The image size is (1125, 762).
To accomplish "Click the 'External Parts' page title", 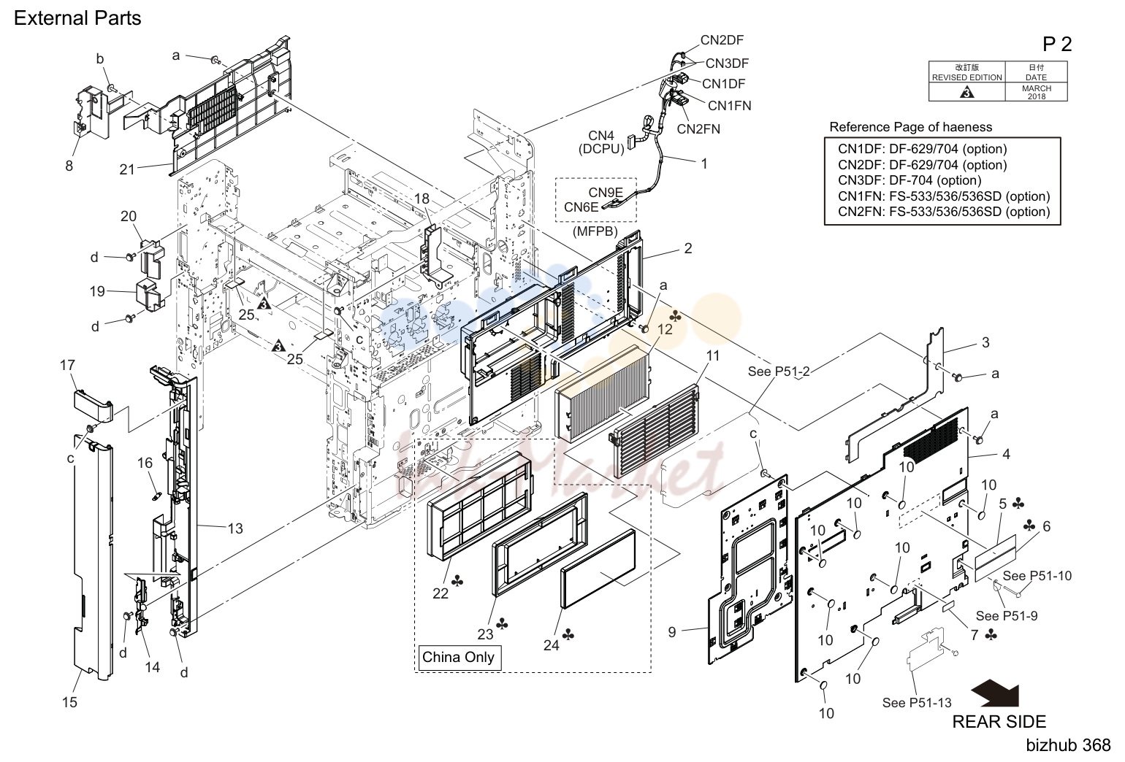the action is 77,18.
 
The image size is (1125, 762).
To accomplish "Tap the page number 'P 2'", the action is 1056,44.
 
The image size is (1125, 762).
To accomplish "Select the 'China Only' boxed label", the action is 458,657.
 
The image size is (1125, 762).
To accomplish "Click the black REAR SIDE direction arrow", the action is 996,694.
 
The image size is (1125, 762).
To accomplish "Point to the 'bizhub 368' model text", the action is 1068,745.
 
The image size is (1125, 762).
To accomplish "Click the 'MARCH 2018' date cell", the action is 1036,92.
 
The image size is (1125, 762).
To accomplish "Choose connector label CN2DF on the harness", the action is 722,40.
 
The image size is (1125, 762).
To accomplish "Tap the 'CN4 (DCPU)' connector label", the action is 601,142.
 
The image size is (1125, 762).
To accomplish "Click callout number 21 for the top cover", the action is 127,169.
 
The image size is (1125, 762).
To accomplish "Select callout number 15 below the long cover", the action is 70,702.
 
